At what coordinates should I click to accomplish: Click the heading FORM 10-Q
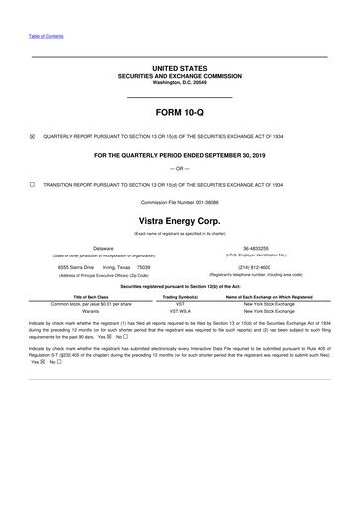180,113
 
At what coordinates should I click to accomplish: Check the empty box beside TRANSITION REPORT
33,185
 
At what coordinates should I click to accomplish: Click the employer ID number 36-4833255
258,248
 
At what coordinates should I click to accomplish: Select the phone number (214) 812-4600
258,267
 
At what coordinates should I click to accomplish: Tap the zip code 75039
143,267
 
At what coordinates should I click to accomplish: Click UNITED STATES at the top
180,68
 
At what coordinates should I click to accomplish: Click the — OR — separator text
180,169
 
